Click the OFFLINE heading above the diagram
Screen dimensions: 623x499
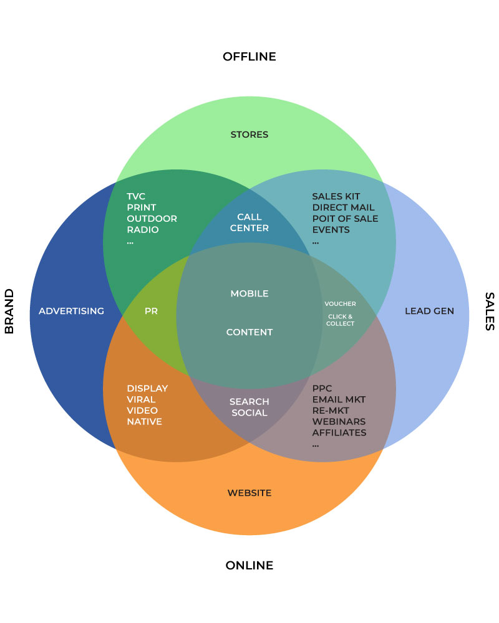click(x=249, y=57)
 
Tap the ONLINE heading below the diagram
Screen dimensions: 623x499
click(x=249, y=566)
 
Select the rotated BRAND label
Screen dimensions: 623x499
click(x=9, y=311)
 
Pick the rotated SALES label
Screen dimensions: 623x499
click(x=490, y=311)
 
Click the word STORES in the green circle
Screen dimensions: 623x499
click(x=249, y=135)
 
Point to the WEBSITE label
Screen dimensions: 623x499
click(x=249, y=493)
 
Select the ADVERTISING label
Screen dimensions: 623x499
click(x=71, y=311)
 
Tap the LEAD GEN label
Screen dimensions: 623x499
click(x=429, y=311)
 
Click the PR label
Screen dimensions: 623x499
click(x=151, y=311)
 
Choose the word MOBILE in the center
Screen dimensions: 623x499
click(x=249, y=293)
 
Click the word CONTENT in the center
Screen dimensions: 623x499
click(x=249, y=332)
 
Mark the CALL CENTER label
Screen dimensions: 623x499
click(x=249, y=222)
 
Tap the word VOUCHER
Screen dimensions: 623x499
click(x=340, y=304)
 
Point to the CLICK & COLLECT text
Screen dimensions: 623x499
click(x=340, y=320)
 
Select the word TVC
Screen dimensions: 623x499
click(x=136, y=196)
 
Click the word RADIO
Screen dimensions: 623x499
click(x=143, y=230)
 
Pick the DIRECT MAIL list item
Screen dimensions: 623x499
click(x=344, y=207)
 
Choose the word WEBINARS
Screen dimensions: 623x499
click(x=339, y=422)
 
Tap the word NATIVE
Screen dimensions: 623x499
click(x=144, y=422)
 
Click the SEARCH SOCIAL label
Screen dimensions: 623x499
click(x=249, y=407)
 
